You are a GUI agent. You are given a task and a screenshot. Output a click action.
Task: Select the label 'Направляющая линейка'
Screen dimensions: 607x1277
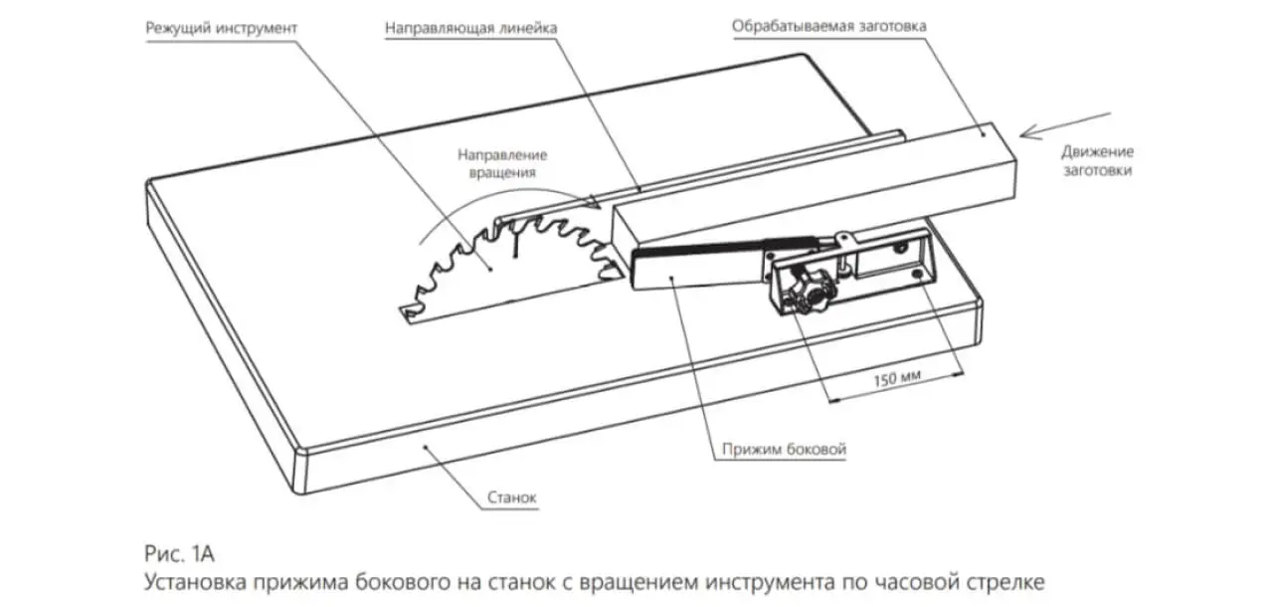click(470, 28)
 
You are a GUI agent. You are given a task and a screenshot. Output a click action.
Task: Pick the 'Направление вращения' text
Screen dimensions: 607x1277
click(502, 163)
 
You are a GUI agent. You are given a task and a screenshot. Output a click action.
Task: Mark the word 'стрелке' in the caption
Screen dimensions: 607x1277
click(1005, 580)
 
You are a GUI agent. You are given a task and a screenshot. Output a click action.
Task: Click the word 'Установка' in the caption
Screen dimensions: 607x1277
click(201, 580)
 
